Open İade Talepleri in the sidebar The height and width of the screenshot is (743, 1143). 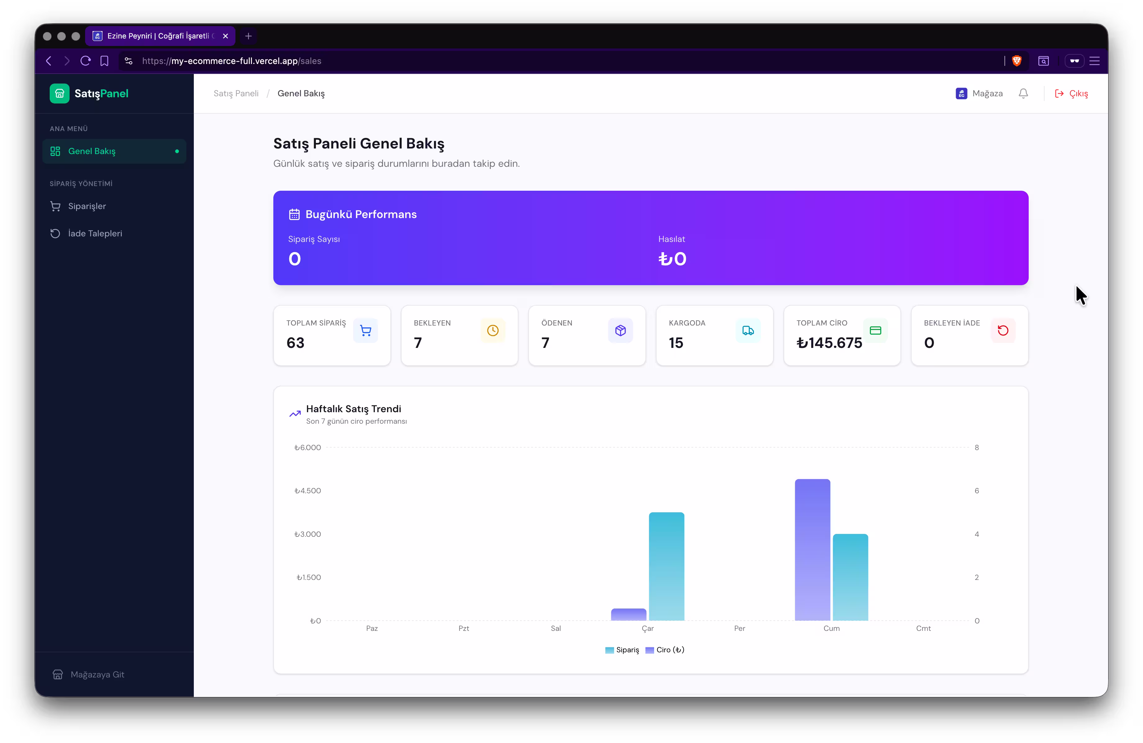(95, 233)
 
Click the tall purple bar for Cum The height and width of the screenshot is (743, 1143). (812, 549)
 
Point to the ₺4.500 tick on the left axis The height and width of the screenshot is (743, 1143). (308, 491)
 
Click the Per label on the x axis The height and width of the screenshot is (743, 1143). (739, 628)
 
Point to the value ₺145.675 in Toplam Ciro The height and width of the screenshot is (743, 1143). (829, 343)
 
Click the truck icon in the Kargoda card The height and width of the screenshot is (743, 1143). (748, 330)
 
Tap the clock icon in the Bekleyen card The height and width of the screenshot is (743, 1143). (492, 330)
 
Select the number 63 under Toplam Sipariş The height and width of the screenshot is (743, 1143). (295, 343)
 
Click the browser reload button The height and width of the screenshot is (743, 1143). (85, 61)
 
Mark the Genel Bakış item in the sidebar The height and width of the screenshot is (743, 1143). (92, 151)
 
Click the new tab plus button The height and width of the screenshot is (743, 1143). (248, 36)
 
